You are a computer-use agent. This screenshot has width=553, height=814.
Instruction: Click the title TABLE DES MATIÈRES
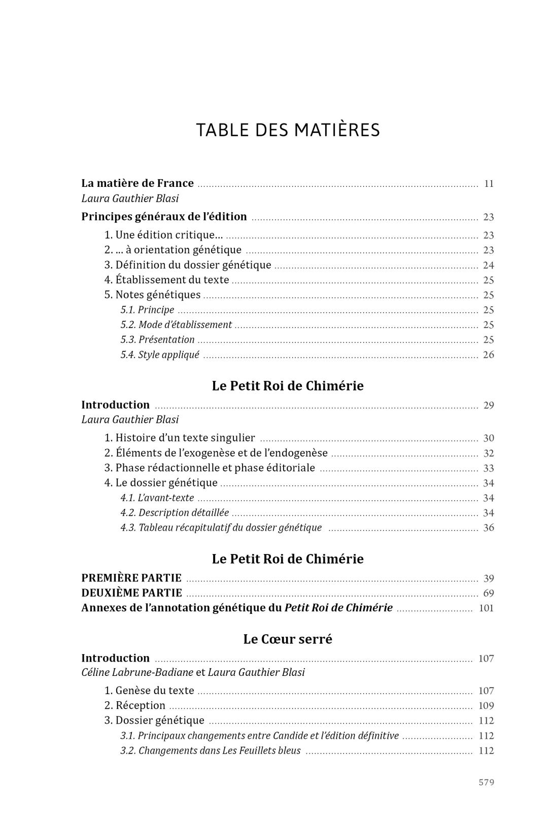[x=288, y=130]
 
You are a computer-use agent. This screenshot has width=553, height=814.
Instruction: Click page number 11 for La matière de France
[x=489, y=184]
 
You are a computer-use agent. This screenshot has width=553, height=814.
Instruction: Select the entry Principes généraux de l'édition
[x=164, y=217]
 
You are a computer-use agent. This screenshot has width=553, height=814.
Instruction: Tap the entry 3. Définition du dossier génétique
[x=188, y=265]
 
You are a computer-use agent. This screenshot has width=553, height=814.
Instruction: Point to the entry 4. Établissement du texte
[x=166, y=280]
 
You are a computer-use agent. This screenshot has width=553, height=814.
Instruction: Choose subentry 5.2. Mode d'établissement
[x=176, y=325]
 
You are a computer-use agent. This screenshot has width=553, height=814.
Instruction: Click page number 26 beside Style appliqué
[x=488, y=355]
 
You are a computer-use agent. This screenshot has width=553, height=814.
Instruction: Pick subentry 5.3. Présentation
[x=157, y=340]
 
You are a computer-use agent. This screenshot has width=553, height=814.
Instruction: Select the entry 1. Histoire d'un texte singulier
[x=180, y=438]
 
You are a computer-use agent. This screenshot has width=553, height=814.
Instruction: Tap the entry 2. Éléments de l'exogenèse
[x=216, y=453]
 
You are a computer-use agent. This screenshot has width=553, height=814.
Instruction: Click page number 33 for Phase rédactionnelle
[x=488, y=468]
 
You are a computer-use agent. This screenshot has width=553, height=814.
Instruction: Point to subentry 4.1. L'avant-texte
[x=157, y=498]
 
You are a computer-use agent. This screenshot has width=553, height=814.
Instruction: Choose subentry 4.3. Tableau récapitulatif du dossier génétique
[x=221, y=528]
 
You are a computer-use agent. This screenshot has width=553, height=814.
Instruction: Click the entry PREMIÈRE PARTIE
[x=131, y=578]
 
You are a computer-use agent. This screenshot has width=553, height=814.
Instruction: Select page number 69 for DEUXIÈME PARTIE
[x=488, y=593]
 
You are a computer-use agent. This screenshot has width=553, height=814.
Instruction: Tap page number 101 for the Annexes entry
[x=486, y=608]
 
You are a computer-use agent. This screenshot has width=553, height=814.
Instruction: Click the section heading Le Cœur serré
[x=288, y=639]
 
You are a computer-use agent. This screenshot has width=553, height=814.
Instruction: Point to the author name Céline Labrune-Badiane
[x=137, y=672]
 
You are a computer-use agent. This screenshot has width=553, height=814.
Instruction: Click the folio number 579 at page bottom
[x=486, y=783]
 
